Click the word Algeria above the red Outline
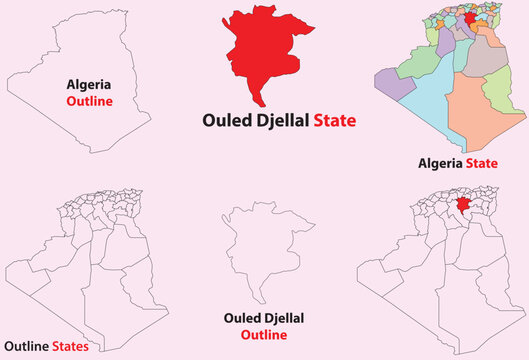point(89,86)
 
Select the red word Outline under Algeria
point(89,102)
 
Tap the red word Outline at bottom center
point(265,334)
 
